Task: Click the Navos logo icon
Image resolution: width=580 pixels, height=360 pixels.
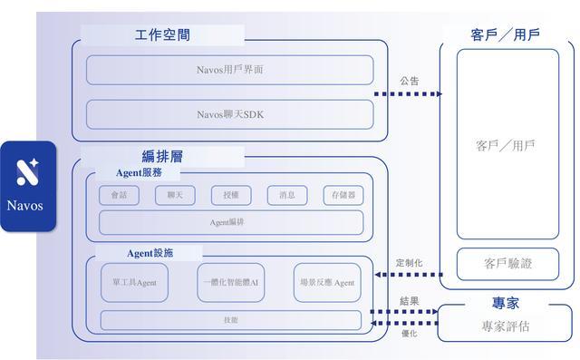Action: [x=27, y=172]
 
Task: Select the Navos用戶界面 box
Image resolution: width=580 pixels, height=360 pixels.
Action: [x=229, y=70]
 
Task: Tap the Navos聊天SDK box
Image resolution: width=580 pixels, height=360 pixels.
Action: [x=229, y=114]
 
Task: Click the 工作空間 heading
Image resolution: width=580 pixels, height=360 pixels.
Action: [x=162, y=35]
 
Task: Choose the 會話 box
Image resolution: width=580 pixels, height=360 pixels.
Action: [x=119, y=195]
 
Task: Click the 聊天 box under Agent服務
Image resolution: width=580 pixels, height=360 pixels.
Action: [x=175, y=195]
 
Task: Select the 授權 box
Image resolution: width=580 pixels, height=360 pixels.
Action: [x=231, y=195]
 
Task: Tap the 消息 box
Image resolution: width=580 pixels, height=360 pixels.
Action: [x=287, y=195]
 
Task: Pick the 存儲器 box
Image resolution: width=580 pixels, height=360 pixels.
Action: [x=343, y=195]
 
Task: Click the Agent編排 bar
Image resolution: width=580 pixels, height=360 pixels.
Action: [x=231, y=222]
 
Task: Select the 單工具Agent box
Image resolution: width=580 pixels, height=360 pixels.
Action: [x=134, y=283]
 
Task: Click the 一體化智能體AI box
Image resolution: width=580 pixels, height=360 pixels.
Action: [x=230, y=283]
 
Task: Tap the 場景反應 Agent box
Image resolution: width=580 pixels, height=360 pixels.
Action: [x=327, y=283]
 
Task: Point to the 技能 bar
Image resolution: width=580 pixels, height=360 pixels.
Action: [x=230, y=320]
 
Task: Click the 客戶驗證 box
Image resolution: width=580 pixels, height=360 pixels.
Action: [x=507, y=264]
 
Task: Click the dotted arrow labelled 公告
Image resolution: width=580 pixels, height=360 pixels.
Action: [x=407, y=93]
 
